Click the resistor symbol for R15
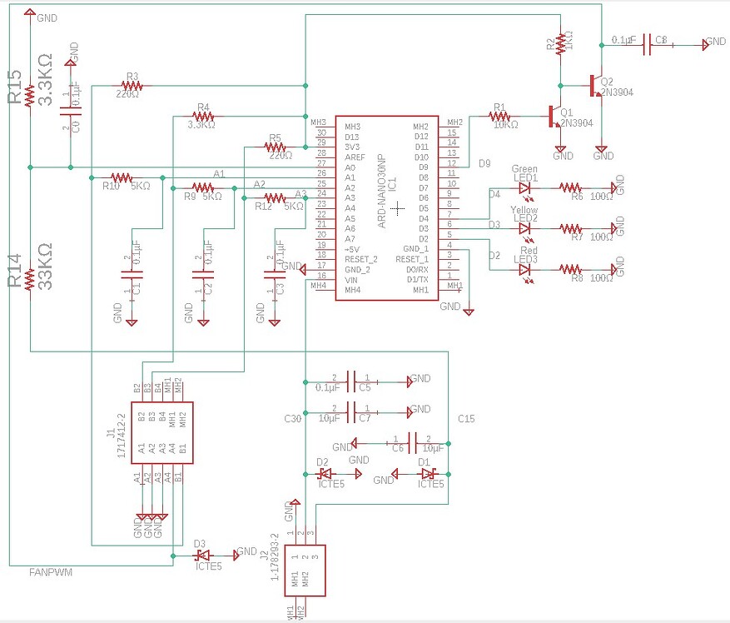point(29,97)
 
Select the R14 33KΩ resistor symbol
point(29,278)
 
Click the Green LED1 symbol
point(524,189)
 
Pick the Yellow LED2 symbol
point(524,228)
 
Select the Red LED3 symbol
point(524,269)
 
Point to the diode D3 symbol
point(202,555)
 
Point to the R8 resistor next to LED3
point(570,269)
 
